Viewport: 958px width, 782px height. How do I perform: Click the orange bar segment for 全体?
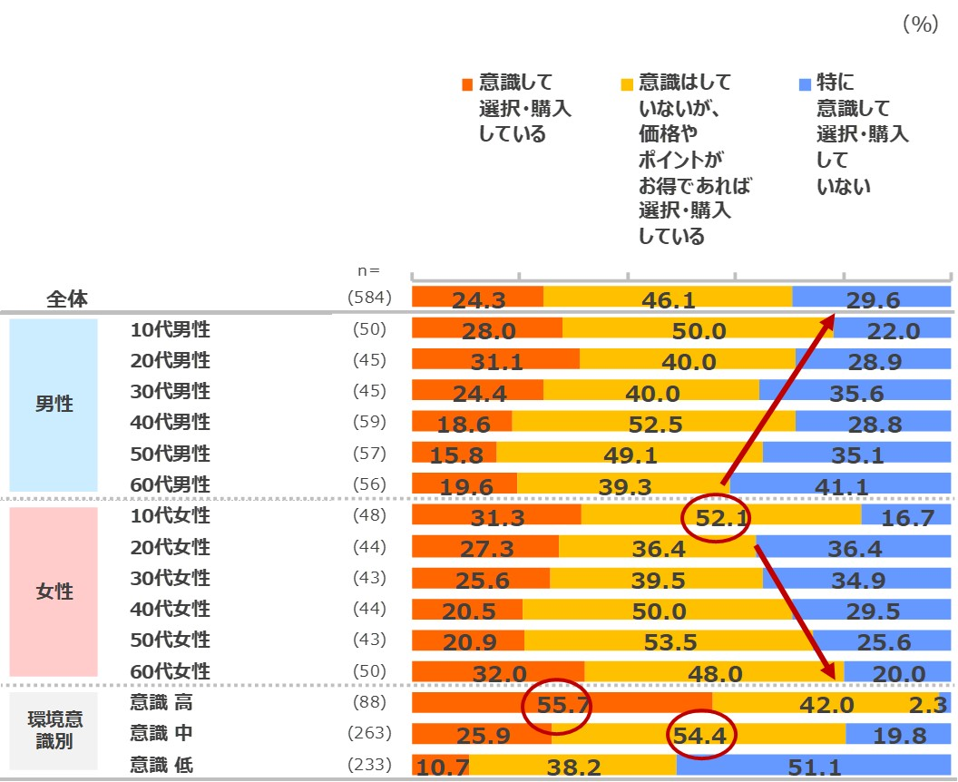click(x=477, y=297)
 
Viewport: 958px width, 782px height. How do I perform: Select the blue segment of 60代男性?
click(x=840, y=484)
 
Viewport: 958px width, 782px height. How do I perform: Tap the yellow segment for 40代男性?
click(x=653, y=422)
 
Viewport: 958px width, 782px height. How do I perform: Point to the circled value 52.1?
click(x=715, y=518)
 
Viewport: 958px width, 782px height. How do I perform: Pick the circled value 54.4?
click(x=701, y=736)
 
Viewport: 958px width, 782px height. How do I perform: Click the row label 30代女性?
click(x=170, y=578)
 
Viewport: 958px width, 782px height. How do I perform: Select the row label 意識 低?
click(x=161, y=765)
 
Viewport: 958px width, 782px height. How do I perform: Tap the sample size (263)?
click(x=370, y=734)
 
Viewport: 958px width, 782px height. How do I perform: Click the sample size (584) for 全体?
click(x=370, y=298)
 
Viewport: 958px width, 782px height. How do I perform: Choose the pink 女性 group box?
click(x=54, y=591)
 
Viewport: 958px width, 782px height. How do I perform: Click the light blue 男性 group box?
click(x=54, y=405)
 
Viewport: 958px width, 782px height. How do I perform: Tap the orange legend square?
click(x=466, y=84)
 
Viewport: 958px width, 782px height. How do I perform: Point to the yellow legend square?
click(x=626, y=84)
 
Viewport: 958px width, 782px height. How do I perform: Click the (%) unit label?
click(x=919, y=25)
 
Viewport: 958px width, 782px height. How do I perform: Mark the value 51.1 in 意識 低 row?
click(x=813, y=767)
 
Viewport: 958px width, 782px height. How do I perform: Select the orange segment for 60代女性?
click(x=498, y=672)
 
